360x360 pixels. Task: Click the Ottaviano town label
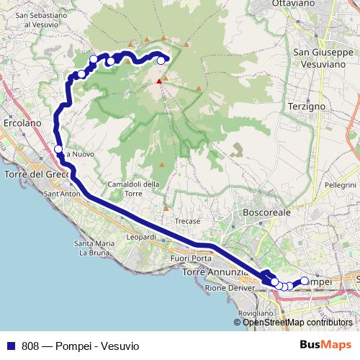tap(314, 4)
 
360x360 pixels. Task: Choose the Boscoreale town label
tap(266, 213)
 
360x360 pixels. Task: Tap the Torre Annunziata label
tap(215, 273)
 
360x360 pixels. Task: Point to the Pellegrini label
tap(341, 185)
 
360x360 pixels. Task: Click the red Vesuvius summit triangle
tap(159, 81)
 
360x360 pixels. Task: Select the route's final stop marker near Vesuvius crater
tap(161, 60)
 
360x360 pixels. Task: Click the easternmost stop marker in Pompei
tap(304, 281)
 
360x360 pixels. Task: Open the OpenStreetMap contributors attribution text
tap(297, 323)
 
